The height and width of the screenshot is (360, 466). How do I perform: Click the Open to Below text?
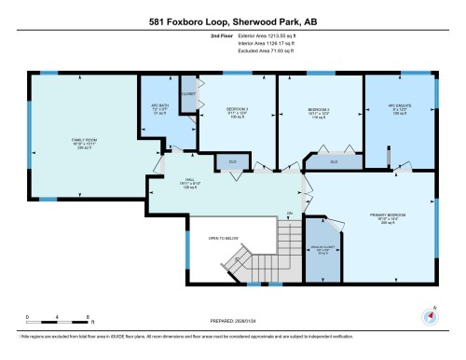225,237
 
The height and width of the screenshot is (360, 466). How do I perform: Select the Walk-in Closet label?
322,250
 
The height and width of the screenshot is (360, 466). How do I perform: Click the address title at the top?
233,21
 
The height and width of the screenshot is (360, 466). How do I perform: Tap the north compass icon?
430,315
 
